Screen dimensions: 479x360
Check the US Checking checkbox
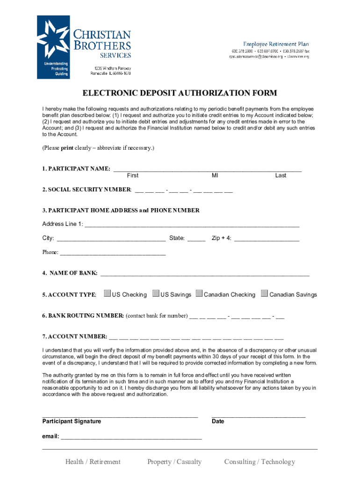(108, 294)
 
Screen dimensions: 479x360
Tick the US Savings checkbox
(156, 294)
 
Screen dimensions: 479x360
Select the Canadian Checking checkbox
(200, 294)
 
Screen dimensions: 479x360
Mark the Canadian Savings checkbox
(265, 294)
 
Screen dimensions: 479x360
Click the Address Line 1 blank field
(192, 225)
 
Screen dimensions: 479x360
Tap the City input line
(110, 239)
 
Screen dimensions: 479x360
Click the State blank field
(196, 239)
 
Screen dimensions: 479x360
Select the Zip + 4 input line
(266, 239)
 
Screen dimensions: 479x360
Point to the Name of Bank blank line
(205, 274)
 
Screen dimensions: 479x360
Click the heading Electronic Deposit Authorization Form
(180, 93)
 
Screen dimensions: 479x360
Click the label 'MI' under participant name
(215, 175)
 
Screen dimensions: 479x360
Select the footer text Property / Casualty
(174, 462)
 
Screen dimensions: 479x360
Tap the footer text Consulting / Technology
(259, 462)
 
